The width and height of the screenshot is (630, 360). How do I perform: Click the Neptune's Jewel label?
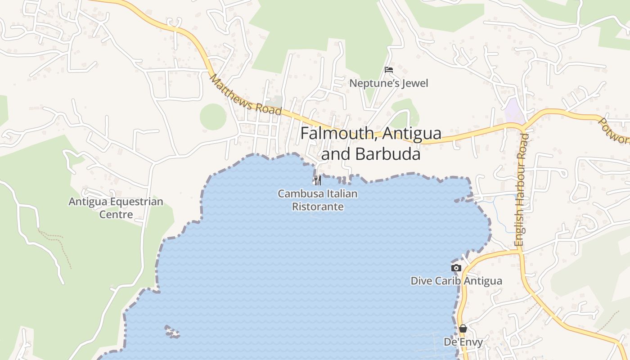click(389, 83)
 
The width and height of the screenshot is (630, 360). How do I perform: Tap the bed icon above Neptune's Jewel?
click(389, 70)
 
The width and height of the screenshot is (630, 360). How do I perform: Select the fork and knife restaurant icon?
click(318, 180)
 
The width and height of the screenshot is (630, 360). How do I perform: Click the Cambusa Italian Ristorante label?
click(318, 200)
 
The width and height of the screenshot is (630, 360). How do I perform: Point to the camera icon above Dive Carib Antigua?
click(456, 268)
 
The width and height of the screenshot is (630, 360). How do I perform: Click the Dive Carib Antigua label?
click(456, 281)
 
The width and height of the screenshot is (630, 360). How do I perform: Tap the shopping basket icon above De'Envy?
click(463, 328)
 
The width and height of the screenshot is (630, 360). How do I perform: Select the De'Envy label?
click(463, 342)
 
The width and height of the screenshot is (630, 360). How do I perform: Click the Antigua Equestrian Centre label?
click(116, 207)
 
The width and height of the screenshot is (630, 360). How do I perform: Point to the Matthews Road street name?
click(245, 95)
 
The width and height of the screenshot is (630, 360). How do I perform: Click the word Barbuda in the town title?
click(387, 154)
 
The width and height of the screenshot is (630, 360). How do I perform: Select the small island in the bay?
click(172, 332)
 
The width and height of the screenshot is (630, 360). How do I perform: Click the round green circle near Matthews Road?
click(213, 117)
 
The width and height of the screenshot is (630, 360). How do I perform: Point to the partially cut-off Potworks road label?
click(614, 130)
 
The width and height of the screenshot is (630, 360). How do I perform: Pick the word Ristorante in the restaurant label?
click(318, 207)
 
